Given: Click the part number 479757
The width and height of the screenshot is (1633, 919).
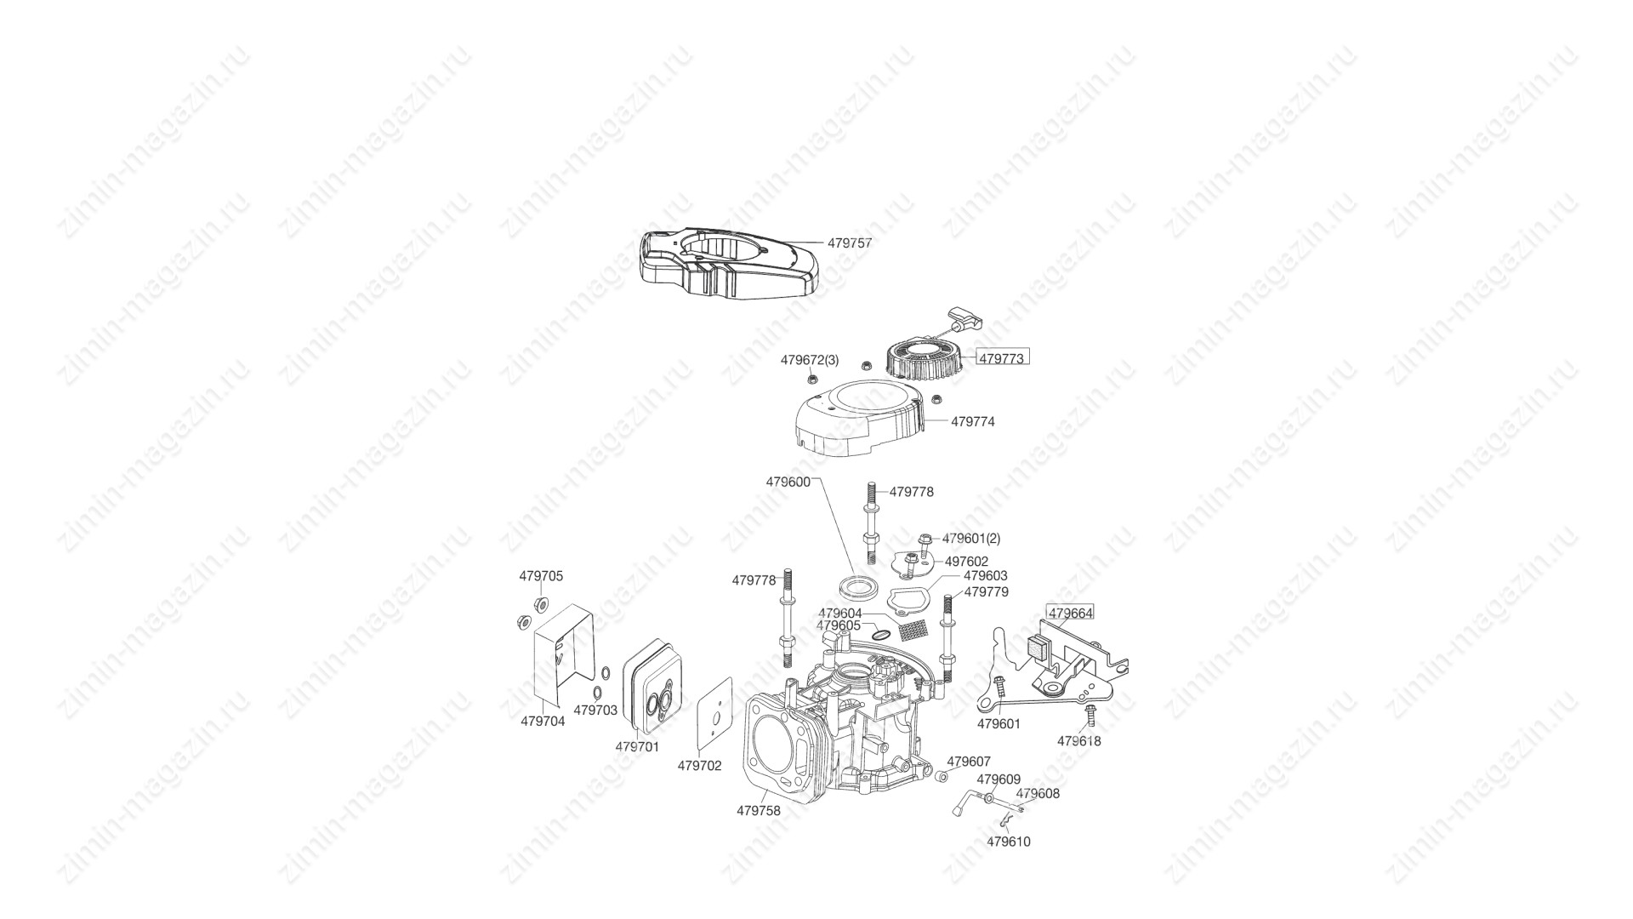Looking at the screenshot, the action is click(x=850, y=243).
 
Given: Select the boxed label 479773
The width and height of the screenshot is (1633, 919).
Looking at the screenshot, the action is click(x=1001, y=359).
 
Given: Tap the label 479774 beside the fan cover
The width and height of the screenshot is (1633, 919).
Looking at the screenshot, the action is click(x=972, y=421).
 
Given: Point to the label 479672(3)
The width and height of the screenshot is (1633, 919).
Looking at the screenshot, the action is click(x=810, y=360).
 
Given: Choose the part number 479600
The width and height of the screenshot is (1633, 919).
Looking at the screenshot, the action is click(x=788, y=482).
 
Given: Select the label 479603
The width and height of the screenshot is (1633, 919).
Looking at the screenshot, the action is click(x=986, y=576).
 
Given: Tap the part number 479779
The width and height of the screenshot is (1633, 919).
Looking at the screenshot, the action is click(x=986, y=591).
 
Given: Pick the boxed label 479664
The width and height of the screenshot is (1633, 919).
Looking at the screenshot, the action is click(x=1071, y=613).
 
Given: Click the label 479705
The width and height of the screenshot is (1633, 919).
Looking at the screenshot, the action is click(x=541, y=576).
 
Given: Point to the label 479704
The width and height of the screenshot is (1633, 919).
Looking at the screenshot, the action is click(x=543, y=721).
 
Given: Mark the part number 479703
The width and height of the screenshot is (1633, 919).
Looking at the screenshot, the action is click(x=595, y=710).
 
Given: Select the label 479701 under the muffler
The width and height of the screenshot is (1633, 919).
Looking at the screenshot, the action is click(x=637, y=746).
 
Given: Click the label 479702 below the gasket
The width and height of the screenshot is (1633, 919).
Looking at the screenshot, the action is click(x=699, y=766).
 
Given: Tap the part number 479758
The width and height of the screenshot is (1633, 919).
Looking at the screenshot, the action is click(x=759, y=811).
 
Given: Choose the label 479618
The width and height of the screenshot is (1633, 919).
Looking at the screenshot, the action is click(x=1079, y=741).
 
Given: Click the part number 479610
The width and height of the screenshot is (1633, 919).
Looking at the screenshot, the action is click(x=1009, y=842).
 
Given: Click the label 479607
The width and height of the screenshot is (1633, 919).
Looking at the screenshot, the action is click(x=969, y=762).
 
